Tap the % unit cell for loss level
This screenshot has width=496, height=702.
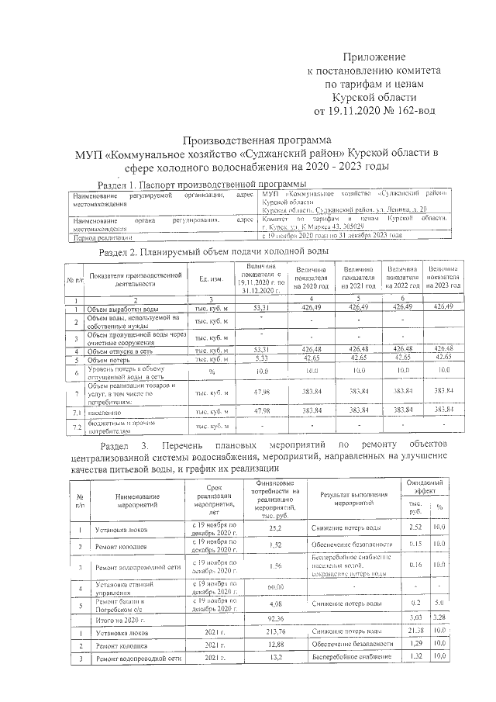pyautogui.click(x=211, y=372)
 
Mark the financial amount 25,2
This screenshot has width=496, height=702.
pyautogui.click(x=274, y=528)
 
